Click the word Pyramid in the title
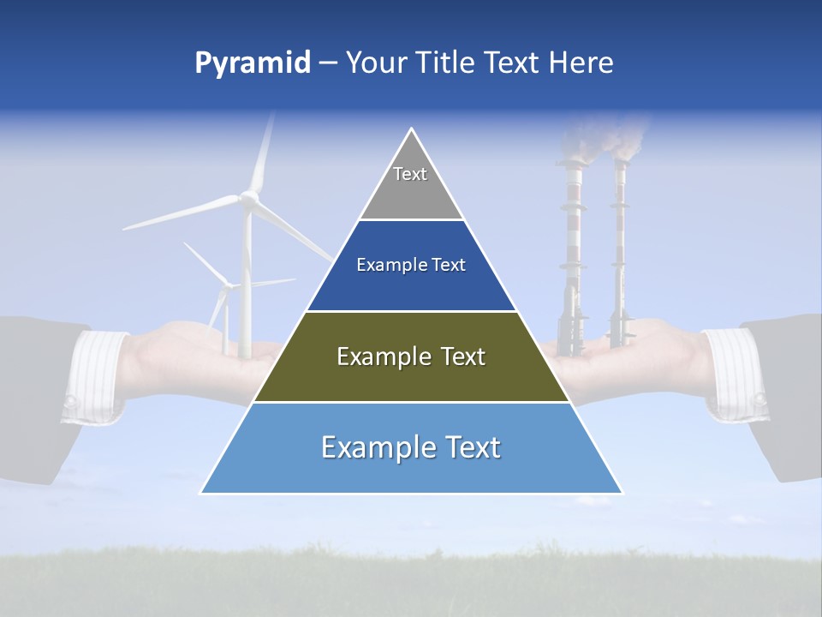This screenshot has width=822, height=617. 252,63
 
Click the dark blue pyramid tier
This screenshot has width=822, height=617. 411,266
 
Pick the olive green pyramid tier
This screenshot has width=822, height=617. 411,357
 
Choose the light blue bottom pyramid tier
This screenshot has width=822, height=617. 411,448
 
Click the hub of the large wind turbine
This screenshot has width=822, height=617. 248,199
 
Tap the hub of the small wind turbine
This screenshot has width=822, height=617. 226,286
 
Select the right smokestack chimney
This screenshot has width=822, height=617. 619,249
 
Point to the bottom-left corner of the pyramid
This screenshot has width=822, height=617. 201,493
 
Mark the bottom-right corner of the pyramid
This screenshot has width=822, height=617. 622,493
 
